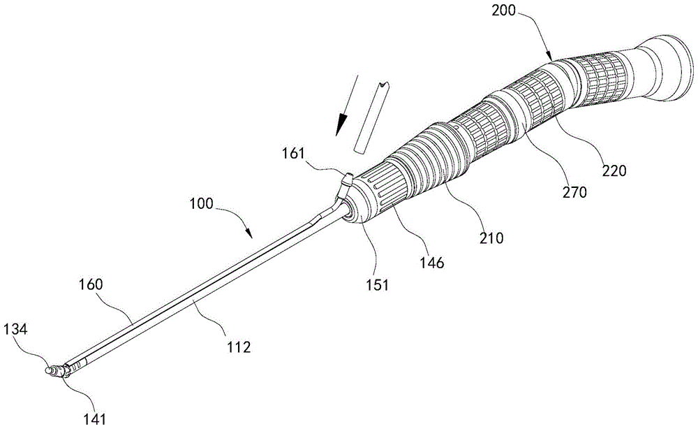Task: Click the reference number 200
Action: (x=503, y=10)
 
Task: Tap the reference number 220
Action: (x=614, y=170)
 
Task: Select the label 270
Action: (x=574, y=192)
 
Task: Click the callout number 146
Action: (x=432, y=263)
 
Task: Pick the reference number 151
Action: (x=378, y=284)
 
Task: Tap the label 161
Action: (x=293, y=154)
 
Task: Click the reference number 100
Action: (x=201, y=204)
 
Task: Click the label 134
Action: (x=15, y=330)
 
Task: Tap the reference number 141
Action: (x=95, y=419)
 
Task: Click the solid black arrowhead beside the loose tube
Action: (x=342, y=124)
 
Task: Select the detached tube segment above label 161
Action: (x=369, y=119)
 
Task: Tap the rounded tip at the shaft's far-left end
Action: (x=50, y=370)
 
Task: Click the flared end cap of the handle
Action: (x=665, y=68)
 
